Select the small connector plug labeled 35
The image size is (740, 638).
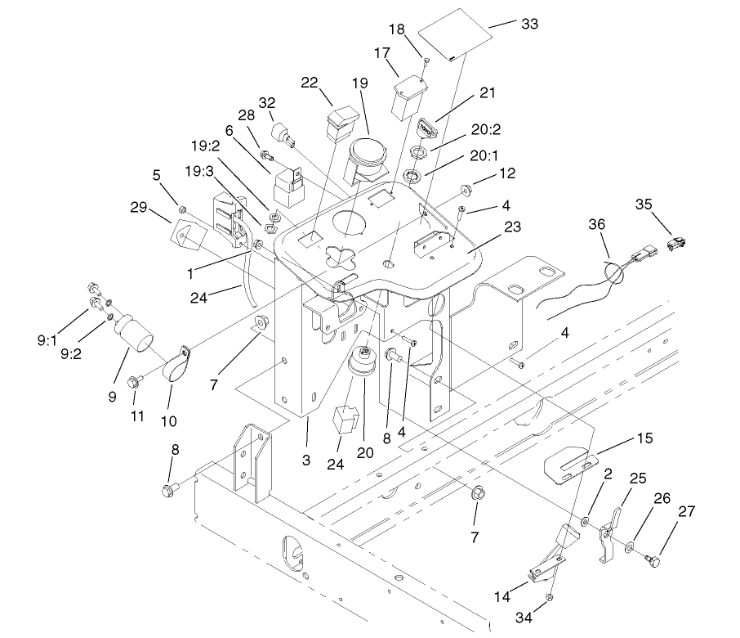click(677, 244)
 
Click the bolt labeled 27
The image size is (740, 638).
click(653, 560)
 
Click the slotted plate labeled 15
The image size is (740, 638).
click(572, 468)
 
